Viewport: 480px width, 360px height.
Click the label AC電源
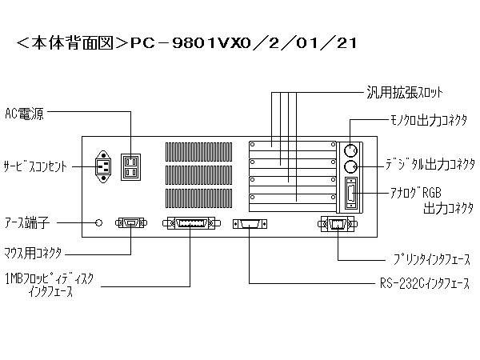pyautogui.click(x=25, y=114)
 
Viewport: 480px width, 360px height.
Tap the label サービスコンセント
pyautogui.click(x=35, y=166)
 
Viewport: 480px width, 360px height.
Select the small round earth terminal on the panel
pyautogui.click(x=98, y=223)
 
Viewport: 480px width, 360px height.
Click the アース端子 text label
pyautogui.click(x=27, y=222)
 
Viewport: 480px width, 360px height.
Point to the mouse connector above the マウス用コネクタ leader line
pyautogui.click(x=131, y=223)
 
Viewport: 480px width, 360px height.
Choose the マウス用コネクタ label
pyautogui.click(x=33, y=253)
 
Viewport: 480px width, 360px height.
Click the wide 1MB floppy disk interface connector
pyautogui.click(x=191, y=223)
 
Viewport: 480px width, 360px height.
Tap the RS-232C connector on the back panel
pyautogui.click(x=250, y=224)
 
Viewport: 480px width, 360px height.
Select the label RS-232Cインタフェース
pyautogui.click(x=425, y=283)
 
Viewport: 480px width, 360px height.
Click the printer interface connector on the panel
pyautogui.click(x=338, y=224)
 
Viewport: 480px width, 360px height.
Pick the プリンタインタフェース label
pyautogui.click(x=432, y=259)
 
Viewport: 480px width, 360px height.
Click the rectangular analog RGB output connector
pyautogui.click(x=351, y=194)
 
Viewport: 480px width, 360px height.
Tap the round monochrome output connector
pyautogui.click(x=350, y=150)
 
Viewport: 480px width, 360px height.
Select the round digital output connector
pyautogui.click(x=350, y=167)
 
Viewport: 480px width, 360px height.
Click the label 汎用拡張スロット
pyautogui.click(x=405, y=93)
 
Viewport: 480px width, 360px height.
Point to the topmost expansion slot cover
pyautogui.click(x=292, y=146)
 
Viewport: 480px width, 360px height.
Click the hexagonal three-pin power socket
pyautogui.click(x=103, y=167)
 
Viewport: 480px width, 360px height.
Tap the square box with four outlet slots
pyautogui.click(x=130, y=167)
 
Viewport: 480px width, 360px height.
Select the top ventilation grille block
pyautogui.click(x=198, y=152)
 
